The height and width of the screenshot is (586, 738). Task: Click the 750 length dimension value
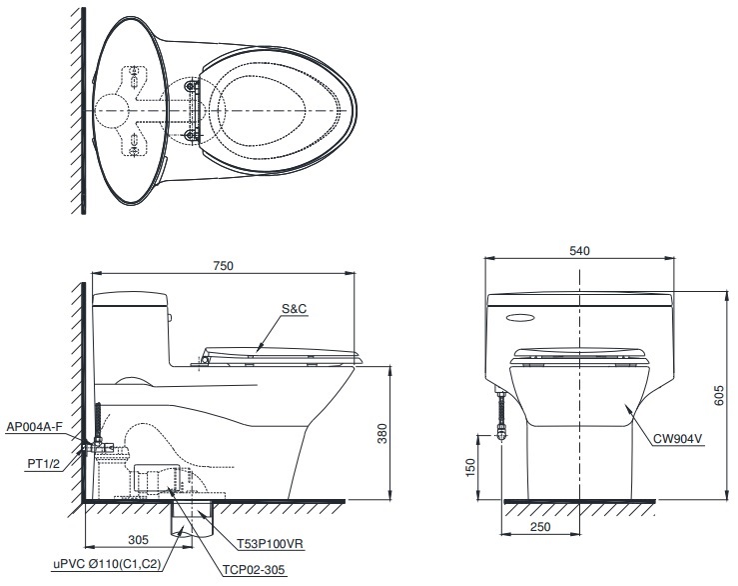click(223, 265)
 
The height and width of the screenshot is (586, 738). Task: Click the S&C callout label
click(294, 310)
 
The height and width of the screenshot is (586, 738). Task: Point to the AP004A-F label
click(34, 427)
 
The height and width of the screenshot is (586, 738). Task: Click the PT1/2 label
click(42, 464)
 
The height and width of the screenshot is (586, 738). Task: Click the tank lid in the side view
click(131, 296)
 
